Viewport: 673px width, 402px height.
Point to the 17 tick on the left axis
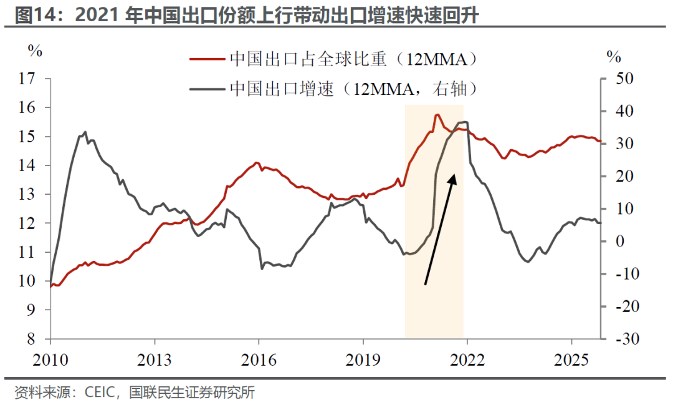[27, 79]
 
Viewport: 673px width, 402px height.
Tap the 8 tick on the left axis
[31, 339]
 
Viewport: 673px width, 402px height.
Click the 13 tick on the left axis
[27, 194]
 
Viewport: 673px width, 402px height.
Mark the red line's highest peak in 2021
[437, 115]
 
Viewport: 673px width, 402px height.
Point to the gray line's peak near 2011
[85, 132]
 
